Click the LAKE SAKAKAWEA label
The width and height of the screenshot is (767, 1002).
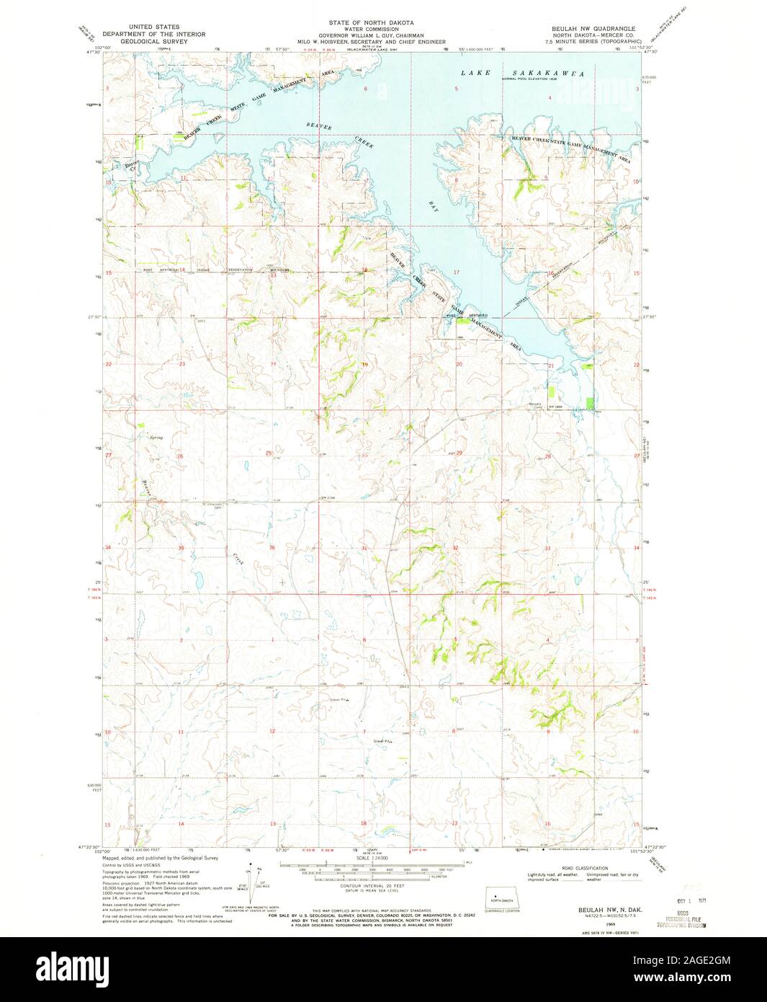pos(522,74)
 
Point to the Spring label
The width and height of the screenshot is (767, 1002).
pos(156,438)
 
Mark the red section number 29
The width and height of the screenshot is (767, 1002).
pos(459,453)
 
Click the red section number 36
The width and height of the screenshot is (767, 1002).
pos(272,548)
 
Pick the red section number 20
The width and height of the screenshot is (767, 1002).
pos(459,365)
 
